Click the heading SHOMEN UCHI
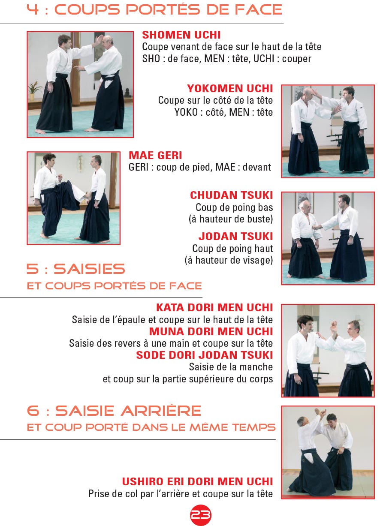[181, 35]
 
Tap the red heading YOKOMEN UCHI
[230, 89]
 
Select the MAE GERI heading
[155, 156]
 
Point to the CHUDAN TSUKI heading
[232, 195]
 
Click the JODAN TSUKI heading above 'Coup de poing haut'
[236, 237]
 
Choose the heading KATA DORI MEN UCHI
[214, 308]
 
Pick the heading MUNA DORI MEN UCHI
[211, 331]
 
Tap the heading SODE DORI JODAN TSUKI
[205, 355]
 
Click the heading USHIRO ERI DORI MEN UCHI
[197, 481]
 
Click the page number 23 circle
[200, 515]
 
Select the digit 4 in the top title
[33, 9]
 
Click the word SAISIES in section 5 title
[89, 269]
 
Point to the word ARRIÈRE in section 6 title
[161, 411]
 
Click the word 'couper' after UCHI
[296, 59]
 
